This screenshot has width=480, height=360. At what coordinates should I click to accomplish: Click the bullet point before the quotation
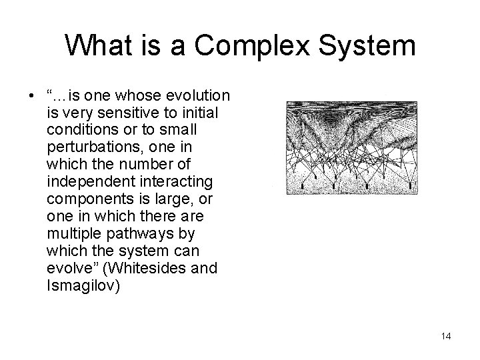point(33,95)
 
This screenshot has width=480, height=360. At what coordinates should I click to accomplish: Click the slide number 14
point(445,336)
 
